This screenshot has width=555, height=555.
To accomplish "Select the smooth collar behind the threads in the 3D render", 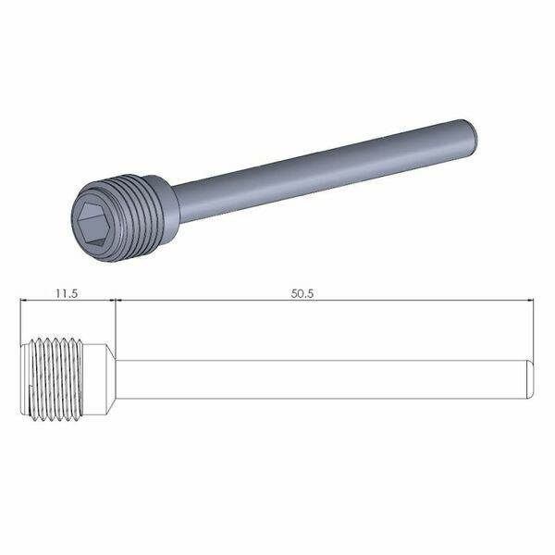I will click(x=166, y=196).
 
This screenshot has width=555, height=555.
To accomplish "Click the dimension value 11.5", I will click(x=65, y=292).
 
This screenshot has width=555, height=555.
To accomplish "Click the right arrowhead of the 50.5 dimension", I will click(x=531, y=301).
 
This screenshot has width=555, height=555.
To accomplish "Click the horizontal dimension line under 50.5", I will click(x=324, y=301).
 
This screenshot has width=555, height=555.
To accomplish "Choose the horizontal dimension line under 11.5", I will click(x=67, y=301).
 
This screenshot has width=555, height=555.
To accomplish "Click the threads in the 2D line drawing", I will click(x=60, y=379).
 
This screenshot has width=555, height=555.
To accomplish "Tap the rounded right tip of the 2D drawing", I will click(x=532, y=379).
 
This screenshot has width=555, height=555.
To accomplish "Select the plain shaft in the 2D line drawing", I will click(x=324, y=379).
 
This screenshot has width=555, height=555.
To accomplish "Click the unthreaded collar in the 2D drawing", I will click(x=101, y=379).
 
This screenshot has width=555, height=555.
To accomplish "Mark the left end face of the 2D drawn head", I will click(x=22, y=379).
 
